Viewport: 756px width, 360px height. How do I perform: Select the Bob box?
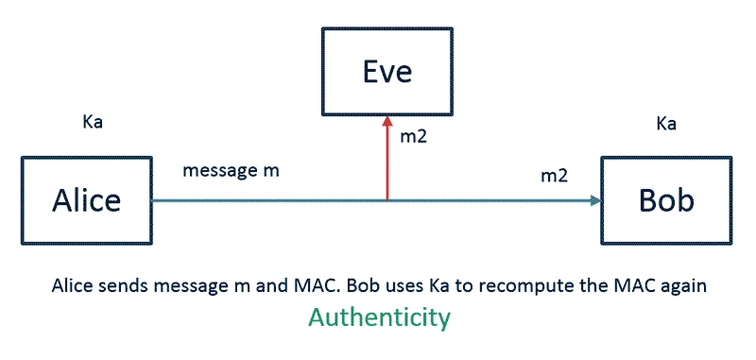[x=666, y=201]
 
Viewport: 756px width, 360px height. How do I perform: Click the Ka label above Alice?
[x=94, y=123]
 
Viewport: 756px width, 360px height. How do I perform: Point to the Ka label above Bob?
[x=666, y=124]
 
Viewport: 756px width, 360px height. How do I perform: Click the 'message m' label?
[x=231, y=171]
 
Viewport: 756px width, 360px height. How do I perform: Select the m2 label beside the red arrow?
[x=415, y=137]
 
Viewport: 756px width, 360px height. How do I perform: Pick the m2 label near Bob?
[x=553, y=176]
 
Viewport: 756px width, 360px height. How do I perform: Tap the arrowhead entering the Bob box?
[x=594, y=200]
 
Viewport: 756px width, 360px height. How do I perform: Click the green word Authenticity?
[x=380, y=319]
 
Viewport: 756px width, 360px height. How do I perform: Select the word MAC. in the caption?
[x=342, y=285]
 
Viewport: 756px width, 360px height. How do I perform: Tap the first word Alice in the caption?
[x=71, y=285]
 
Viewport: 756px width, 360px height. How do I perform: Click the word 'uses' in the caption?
[x=424, y=285]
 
